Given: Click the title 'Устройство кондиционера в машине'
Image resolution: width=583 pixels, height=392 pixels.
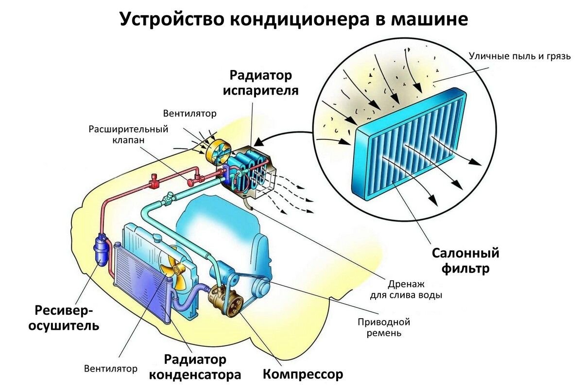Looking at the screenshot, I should (x=293, y=19).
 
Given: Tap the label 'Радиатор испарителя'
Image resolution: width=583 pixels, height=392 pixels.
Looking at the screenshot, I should (x=261, y=83).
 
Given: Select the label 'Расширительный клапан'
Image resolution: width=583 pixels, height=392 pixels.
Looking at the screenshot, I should (x=128, y=135).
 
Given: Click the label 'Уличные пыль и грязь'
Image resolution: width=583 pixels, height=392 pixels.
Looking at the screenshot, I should (x=520, y=56).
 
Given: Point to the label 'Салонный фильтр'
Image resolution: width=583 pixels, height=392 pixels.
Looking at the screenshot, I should (x=466, y=260).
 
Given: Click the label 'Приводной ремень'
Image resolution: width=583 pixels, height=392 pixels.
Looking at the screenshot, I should (x=384, y=327).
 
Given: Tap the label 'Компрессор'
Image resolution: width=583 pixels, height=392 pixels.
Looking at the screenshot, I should (x=303, y=375).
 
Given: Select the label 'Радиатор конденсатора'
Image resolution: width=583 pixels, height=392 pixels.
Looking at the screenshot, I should (x=195, y=367).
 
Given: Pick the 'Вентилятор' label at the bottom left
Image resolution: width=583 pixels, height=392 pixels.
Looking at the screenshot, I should (x=111, y=368).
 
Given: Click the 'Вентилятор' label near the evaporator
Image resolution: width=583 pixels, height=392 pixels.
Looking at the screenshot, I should (x=189, y=114).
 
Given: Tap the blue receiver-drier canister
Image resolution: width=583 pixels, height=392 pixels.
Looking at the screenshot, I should (x=101, y=250).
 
